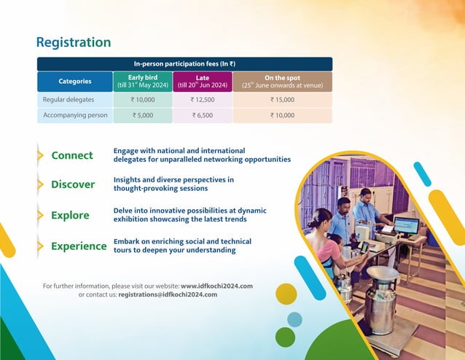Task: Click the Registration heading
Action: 74,42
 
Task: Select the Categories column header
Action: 74,82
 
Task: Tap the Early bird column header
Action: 143,82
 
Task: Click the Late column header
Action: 203,82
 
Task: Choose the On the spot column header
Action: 282,82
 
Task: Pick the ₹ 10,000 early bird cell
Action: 143,99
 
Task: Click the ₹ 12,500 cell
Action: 203,99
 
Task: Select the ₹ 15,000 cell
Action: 282,99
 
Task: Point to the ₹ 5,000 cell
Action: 143,115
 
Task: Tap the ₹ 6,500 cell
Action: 203,115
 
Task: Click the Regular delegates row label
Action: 69,99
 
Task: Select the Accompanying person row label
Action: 75,115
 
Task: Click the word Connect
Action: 72,155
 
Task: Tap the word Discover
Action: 73,184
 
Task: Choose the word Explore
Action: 70,216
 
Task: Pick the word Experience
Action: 79,246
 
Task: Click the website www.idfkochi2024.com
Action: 216,286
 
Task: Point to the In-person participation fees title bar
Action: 184,64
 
